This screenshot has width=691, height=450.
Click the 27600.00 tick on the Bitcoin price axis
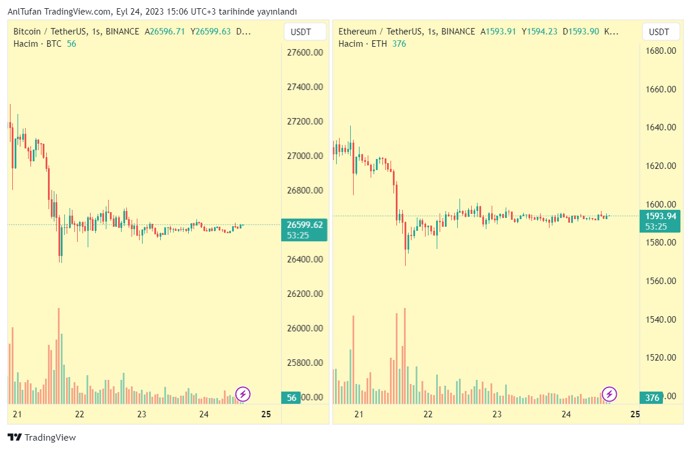(305, 53)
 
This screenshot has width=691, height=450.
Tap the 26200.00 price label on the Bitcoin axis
(305, 294)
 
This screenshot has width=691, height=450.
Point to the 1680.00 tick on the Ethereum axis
(661, 51)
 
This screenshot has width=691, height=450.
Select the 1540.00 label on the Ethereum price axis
(661, 320)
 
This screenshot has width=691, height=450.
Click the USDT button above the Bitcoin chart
(301, 32)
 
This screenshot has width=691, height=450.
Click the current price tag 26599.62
(305, 224)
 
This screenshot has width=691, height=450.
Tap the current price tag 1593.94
(660, 216)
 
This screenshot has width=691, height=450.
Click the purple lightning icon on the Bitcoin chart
(243, 394)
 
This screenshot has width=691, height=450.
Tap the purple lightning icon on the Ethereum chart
(610, 394)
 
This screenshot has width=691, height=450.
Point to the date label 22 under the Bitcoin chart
(80, 414)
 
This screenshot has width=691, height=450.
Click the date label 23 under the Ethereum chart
(497, 414)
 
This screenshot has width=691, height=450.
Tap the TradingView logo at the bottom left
(42, 437)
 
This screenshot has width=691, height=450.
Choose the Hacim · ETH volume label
(362, 44)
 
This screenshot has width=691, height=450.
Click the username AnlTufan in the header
(24, 12)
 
